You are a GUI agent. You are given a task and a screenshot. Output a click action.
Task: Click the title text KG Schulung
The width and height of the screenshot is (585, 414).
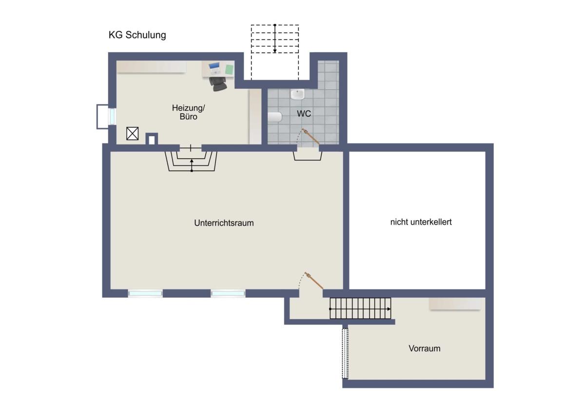coord(137,35)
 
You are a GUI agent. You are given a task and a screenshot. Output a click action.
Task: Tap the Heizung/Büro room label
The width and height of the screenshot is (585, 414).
coord(188,112)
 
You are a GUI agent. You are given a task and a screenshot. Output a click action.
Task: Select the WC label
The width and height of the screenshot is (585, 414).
coord(304,113)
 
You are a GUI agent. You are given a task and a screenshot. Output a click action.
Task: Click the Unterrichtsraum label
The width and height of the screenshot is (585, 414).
coord(224,223)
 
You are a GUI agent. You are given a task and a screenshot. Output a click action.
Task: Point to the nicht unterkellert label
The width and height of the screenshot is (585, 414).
coord(421,222)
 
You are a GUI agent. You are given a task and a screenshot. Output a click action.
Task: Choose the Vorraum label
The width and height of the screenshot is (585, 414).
coord(425,349)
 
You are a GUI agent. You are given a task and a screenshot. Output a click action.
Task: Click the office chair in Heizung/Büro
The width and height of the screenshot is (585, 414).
coord(218,83)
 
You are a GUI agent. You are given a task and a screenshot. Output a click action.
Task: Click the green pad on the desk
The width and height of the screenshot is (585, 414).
coord(229,69)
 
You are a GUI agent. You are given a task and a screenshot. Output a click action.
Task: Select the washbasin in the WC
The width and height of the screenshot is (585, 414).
coord(297,94)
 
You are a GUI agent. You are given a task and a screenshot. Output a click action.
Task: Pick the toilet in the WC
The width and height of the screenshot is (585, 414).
coord(275,117)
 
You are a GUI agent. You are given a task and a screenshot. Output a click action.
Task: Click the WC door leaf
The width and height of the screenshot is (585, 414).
coord(311,136)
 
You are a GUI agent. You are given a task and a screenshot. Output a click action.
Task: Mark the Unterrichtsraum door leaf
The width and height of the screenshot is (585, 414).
coord(314,281)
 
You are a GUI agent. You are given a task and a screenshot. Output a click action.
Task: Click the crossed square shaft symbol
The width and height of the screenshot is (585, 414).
coord(133,133)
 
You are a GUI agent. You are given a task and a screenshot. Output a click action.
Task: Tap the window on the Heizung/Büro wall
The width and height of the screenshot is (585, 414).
coord(112,117)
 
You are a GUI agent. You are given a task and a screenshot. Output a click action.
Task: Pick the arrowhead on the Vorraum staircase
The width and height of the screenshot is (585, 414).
coord(389,309)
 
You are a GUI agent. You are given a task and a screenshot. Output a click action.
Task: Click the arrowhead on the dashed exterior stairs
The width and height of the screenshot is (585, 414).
coord(275,51)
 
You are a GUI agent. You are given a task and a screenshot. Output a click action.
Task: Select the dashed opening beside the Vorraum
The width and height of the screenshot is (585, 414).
coord(345,353)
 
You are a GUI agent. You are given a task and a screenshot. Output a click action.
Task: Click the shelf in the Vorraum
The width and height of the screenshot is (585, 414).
coord(455,304)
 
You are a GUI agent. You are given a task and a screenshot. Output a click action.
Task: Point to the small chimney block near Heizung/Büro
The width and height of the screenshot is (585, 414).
coord(152,139)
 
